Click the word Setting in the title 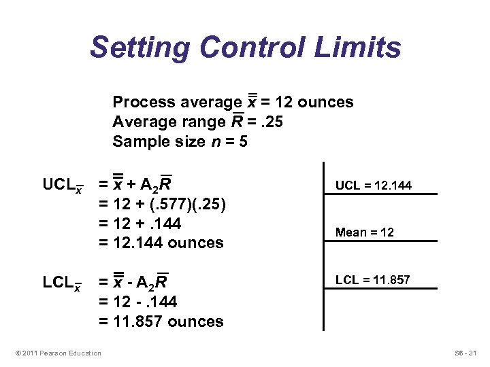(140, 48)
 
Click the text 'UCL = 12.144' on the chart (373, 186)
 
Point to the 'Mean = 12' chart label (364, 232)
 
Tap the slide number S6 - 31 (467, 353)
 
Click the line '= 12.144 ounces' (161, 243)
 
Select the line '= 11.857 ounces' (161, 321)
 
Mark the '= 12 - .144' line (138, 301)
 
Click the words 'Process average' (177, 102)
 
